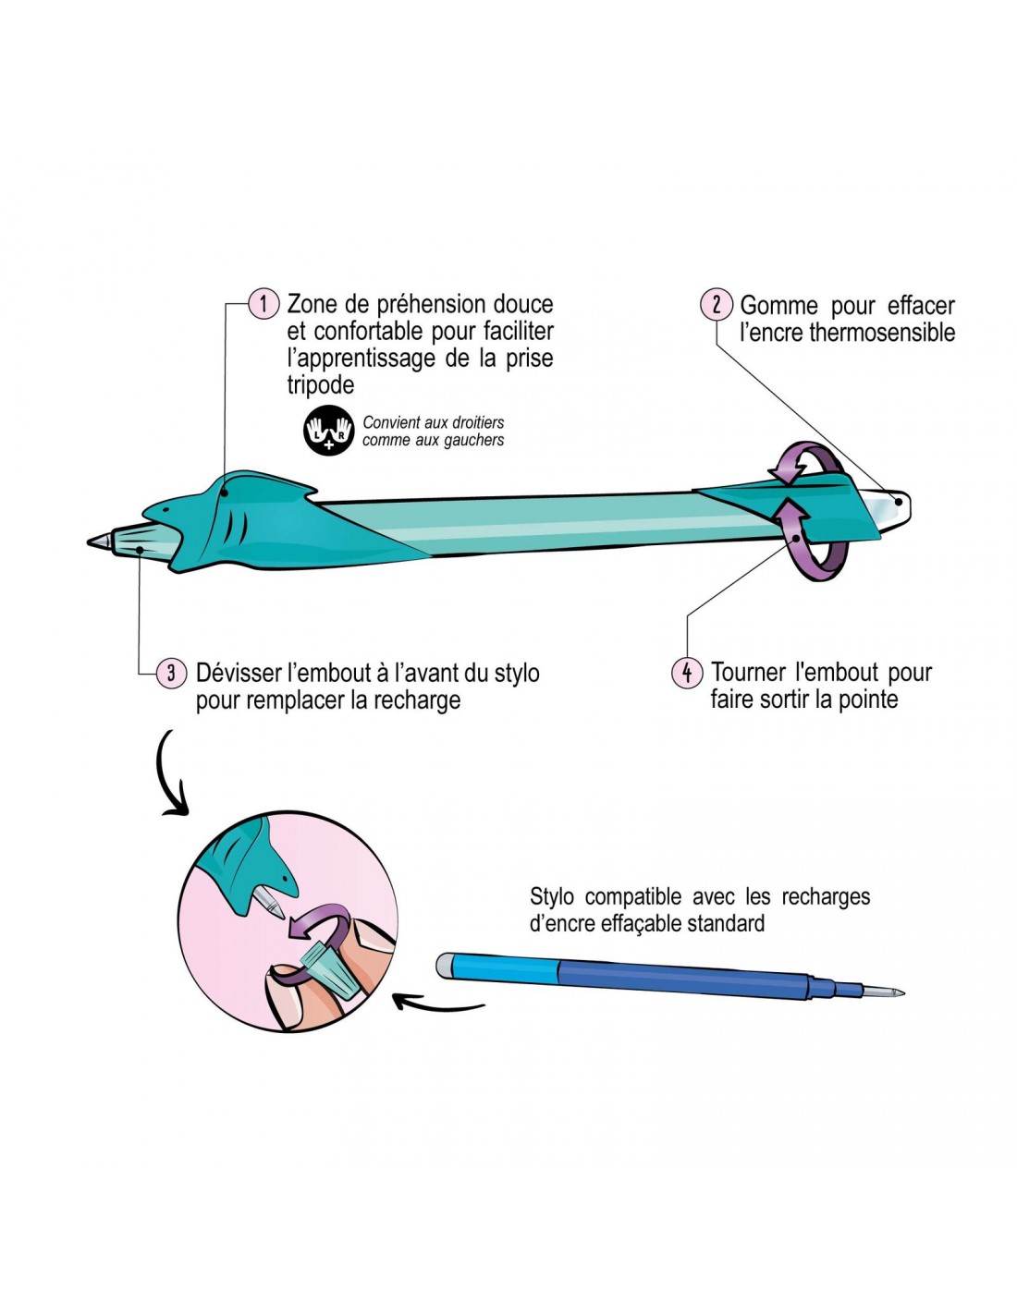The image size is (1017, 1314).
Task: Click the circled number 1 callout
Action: (x=263, y=303)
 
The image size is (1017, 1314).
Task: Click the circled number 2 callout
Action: (x=717, y=304)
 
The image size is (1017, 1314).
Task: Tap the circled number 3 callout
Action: (x=171, y=673)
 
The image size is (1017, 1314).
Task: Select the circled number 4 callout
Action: (x=686, y=672)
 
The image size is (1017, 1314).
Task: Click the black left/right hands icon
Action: (x=329, y=432)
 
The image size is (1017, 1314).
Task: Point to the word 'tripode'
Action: (x=320, y=385)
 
